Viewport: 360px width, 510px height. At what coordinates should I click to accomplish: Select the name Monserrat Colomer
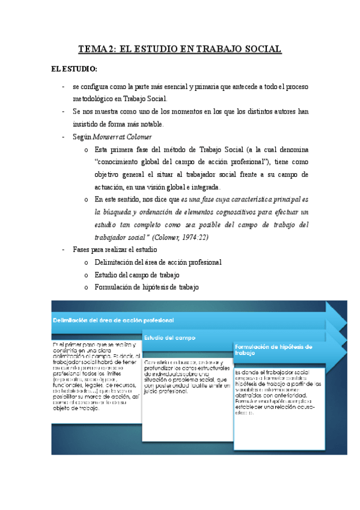tap(118, 137)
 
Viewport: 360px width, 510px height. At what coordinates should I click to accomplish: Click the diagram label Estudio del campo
tap(168, 337)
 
